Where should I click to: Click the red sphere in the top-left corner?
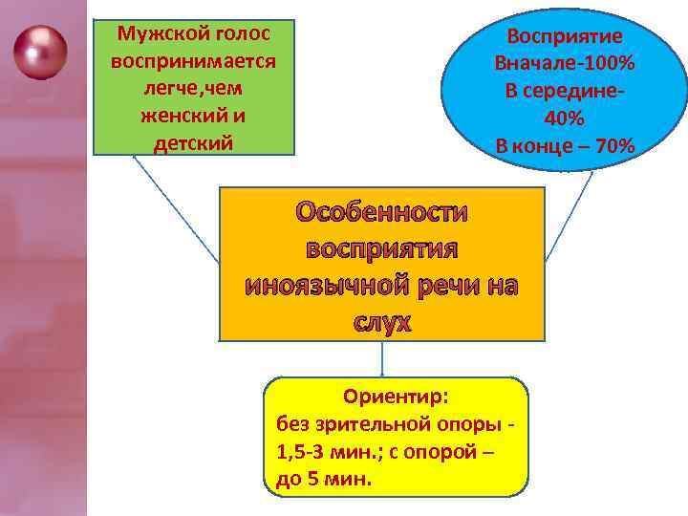[x=40, y=53]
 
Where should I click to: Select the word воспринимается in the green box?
[x=194, y=61]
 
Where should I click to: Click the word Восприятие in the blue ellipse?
[x=565, y=37]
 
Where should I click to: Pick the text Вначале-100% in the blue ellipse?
[x=565, y=64]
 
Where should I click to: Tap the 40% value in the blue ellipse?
[x=565, y=119]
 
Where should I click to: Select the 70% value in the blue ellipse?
[x=609, y=147]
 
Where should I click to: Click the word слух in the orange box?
[x=382, y=323]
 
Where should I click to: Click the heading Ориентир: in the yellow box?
[x=395, y=397]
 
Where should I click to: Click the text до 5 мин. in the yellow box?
[x=324, y=479]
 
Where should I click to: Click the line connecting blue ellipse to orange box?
[x=570, y=215]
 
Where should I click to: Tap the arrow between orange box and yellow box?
[x=382, y=359]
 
